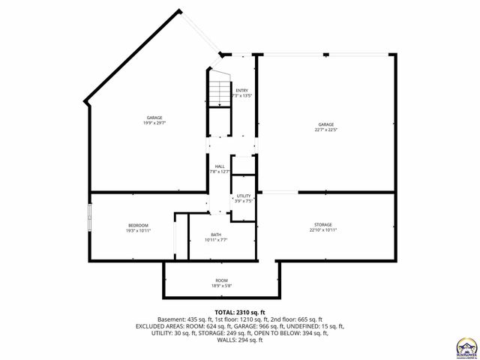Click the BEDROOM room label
(138, 225)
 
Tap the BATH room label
(216, 235)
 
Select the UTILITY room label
(244, 196)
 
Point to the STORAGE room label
(323, 225)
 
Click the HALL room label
(220, 166)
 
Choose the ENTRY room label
(241, 91)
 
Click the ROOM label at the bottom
(223, 280)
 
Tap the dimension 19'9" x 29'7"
(155, 123)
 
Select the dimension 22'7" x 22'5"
(325, 129)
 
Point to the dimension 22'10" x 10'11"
(323, 230)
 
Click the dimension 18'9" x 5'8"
(223, 286)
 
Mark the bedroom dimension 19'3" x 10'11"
(138, 230)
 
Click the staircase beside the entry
(219, 92)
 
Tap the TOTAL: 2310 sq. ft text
(240, 312)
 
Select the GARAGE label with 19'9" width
(155, 118)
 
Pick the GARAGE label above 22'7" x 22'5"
(325, 124)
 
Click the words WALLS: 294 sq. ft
(240, 340)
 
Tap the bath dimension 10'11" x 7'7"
(216, 240)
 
